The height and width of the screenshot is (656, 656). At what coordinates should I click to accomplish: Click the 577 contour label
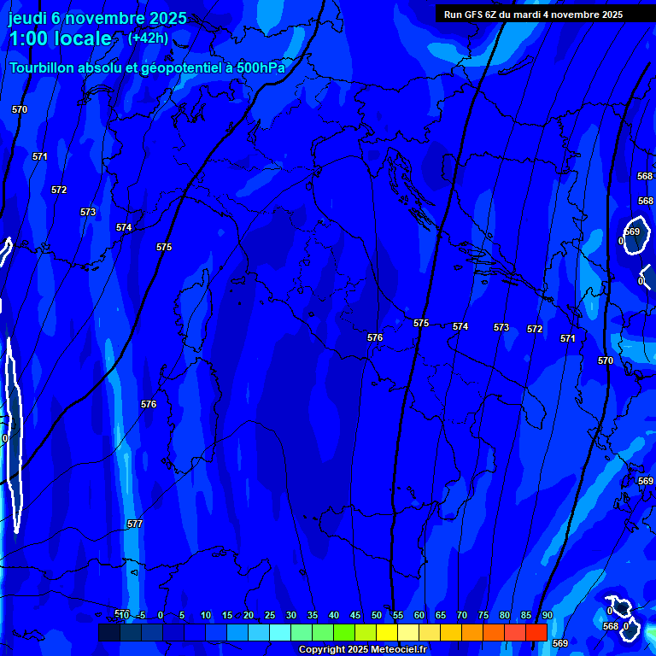134,524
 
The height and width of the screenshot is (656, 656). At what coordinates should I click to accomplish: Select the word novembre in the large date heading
104,18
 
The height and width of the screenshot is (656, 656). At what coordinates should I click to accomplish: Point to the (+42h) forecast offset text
148,38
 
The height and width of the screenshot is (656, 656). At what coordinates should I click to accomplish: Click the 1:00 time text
27,38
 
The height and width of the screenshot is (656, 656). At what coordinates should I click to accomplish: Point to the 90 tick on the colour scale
547,615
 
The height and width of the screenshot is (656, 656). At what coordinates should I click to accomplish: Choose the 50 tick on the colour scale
377,615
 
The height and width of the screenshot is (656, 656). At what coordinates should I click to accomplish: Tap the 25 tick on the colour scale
270,615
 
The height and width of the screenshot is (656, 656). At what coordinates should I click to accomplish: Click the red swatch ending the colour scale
536,632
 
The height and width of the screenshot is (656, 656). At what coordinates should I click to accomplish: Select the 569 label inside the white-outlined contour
632,231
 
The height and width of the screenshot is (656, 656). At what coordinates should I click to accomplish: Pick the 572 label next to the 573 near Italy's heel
535,329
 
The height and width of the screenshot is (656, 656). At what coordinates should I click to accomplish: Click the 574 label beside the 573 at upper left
124,228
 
